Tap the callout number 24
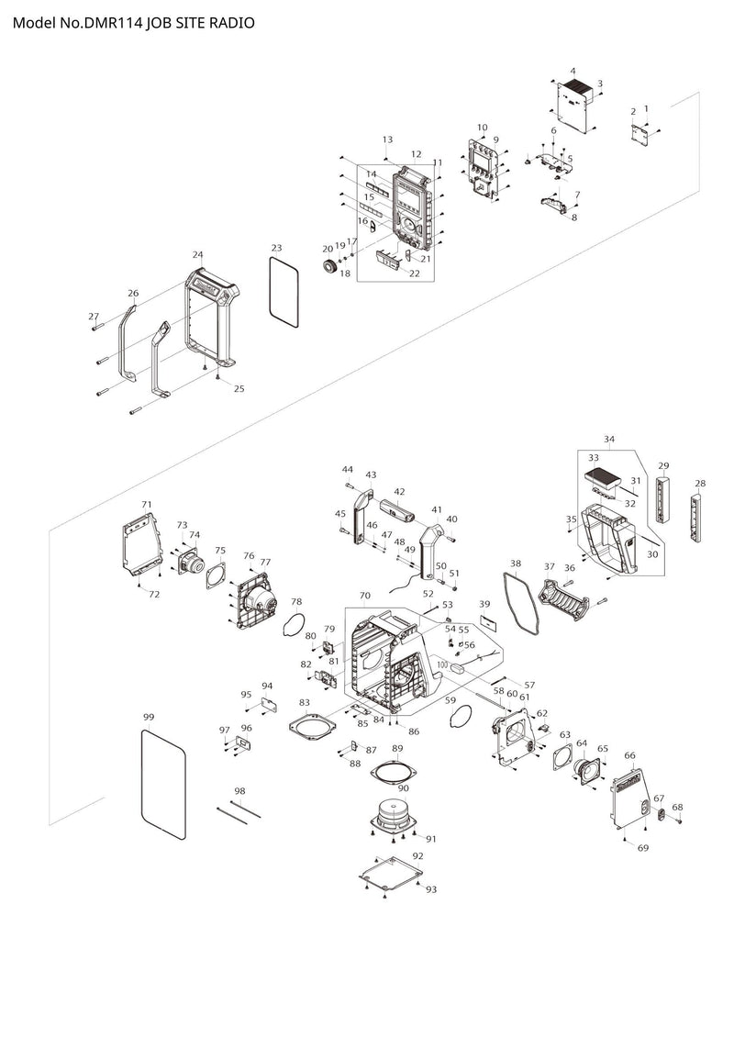click(198, 255)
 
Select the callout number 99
click(149, 717)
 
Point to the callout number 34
click(609, 439)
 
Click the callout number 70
click(364, 596)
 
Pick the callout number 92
click(417, 856)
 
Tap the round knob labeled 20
click(327, 267)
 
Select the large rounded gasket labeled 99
click(163, 783)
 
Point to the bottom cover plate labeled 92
click(391, 876)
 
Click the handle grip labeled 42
click(397, 511)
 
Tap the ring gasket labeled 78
click(294, 624)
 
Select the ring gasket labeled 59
click(460, 716)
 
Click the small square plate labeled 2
click(639, 132)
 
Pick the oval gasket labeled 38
click(520, 599)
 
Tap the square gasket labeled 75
click(217, 575)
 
